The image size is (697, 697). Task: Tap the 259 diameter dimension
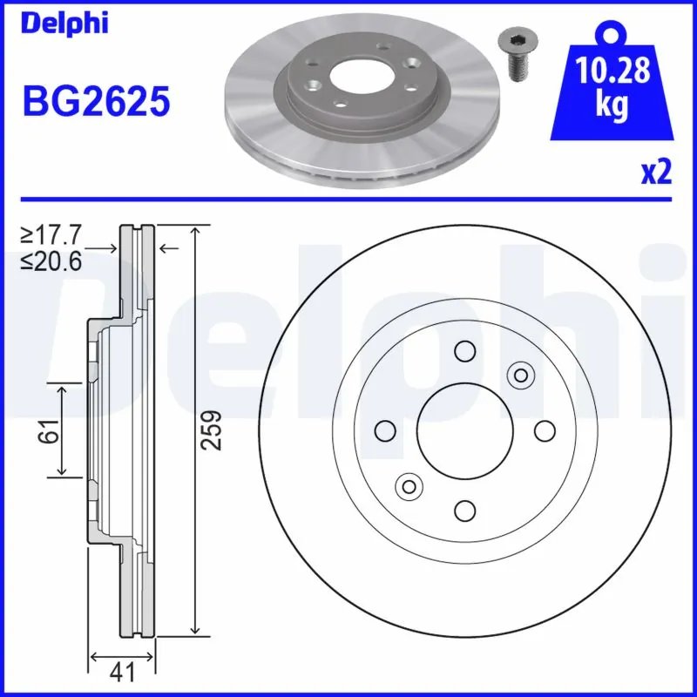[213, 430]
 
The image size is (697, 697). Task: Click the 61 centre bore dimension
[51, 430]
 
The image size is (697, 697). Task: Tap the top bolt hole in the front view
[464, 351]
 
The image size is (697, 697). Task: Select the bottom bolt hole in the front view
[464, 510]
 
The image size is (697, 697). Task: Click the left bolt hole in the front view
[384, 430]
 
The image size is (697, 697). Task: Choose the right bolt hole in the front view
[544, 430]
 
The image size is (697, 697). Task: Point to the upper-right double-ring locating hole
[520, 376]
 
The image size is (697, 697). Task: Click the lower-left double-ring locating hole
[407, 485]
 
